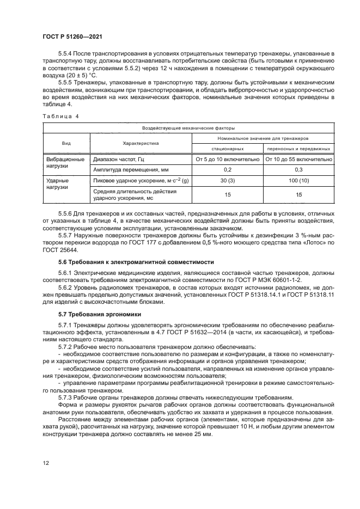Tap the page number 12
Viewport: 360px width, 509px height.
[x=46, y=463]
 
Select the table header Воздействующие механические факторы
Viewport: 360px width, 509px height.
[x=188, y=129]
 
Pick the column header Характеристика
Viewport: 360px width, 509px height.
[x=141, y=144]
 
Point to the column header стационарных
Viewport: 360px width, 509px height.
[x=227, y=149]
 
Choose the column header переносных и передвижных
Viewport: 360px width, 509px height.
[x=298, y=149]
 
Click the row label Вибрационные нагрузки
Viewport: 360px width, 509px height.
[x=66, y=164]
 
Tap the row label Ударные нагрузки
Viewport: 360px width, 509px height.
[x=58, y=183]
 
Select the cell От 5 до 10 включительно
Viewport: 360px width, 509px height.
[x=227, y=160]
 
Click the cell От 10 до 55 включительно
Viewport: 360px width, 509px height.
[x=298, y=160]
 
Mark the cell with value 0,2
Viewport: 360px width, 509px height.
[x=227, y=170]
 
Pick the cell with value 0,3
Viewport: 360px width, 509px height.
[x=298, y=170]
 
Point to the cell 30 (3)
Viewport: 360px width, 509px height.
[x=227, y=180]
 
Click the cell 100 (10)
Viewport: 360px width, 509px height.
[x=298, y=180]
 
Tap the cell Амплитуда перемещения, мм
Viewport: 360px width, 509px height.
[x=127, y=170]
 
